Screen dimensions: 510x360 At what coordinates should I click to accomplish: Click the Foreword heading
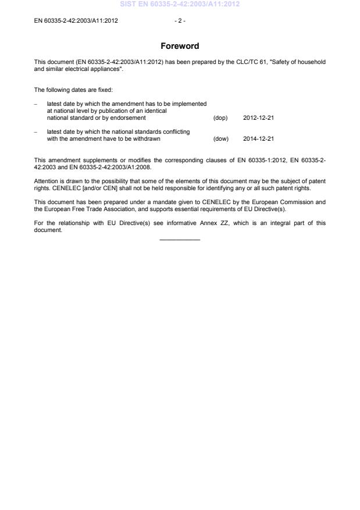tap(180, 46)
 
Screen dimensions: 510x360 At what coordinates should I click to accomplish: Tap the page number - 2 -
tap(180, 21)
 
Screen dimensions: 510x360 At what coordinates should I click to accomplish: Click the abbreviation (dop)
tap(220, 118)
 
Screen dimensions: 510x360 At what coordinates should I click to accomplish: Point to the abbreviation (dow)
tap(221, 139)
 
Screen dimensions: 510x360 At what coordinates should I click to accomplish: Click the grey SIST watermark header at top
tap(180, 4)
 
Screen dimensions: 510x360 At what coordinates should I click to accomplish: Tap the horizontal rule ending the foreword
tap(180, 240)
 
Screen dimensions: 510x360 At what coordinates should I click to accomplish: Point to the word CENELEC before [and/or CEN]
tap(59, 188)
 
